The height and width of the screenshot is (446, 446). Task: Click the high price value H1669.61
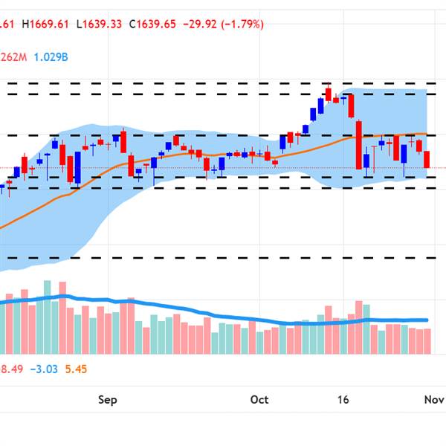tap(46, 24)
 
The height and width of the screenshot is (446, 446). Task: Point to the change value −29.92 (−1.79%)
tap(226, 24)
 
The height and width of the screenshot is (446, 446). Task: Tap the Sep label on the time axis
tap(108, 400)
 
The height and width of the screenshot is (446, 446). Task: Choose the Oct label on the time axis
tap(259, 400)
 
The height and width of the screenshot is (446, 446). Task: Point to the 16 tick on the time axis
tap(342, 400)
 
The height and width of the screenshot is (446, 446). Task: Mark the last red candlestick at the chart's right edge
tap(427, 159)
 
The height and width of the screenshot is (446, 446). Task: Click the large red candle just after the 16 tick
tap(358, 145)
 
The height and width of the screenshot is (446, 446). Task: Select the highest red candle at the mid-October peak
tap(328, 94)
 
